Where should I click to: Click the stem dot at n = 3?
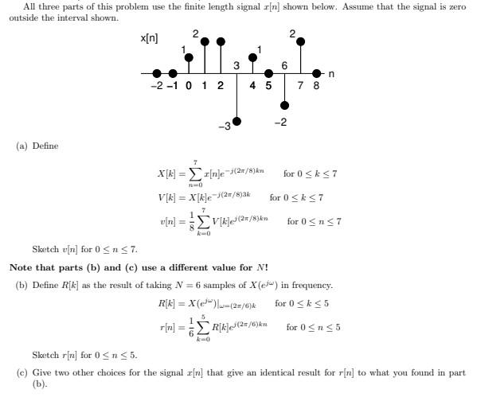(237, 121)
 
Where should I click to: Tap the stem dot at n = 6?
(285, 101)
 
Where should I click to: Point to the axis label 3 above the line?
(237, 64)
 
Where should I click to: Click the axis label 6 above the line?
(285, 64)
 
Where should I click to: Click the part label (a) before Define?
(22, 146)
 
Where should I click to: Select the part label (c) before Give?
(22, 372)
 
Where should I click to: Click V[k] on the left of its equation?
(169, 197)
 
